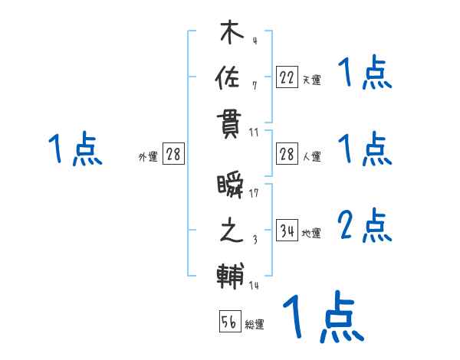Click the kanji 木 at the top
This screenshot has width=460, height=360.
pos(230,33)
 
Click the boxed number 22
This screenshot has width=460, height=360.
pos(287,77)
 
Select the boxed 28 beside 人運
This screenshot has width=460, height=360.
pos(287,155)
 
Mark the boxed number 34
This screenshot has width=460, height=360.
pos(287,231)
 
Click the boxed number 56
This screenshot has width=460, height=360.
pos(229,322)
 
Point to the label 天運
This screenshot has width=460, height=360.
pos(311,80)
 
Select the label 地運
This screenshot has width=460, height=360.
pos(311,234)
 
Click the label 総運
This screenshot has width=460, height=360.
pos(254,325)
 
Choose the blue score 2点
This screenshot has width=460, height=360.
pos(365,227)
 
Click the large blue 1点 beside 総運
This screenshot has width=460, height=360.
pos(323,316)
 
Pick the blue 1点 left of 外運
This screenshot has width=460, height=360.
pos(75,149)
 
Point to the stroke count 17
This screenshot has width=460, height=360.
pos(254,194)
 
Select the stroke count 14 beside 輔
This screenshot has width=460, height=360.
pos(254,286)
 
